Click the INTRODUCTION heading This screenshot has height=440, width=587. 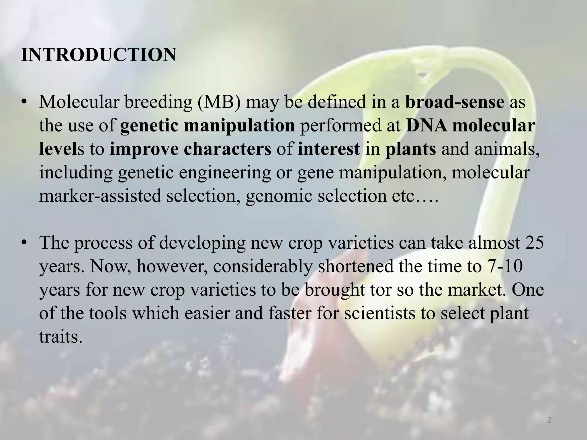98,55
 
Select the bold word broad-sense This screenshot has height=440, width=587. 455,102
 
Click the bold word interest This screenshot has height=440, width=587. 329,149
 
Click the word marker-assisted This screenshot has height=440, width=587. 100,196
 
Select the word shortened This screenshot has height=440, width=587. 356,266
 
